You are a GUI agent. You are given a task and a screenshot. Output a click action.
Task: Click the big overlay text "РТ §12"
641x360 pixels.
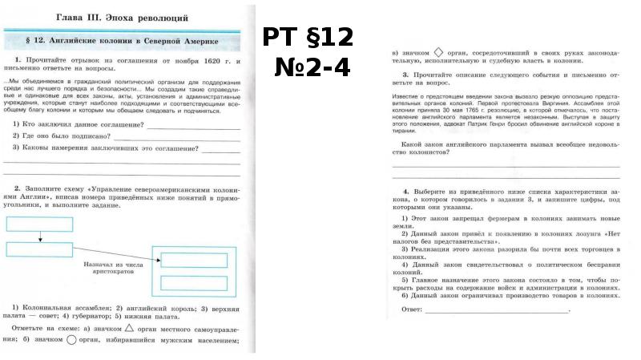click(308, 38)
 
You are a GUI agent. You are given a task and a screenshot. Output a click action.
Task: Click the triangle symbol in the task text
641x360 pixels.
click(130, 328)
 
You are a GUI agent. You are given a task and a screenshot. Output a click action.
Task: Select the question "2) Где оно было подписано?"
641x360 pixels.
click(67, 137)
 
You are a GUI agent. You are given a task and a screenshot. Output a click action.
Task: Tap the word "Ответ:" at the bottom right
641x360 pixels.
click(411, 308)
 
